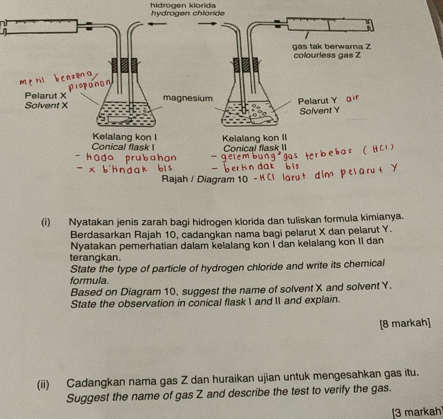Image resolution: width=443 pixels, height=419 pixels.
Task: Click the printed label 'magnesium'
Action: pyautogui.click(x=187, y=98)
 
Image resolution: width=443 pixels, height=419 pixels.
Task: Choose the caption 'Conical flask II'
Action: pyautogui.click(x=257, y=147)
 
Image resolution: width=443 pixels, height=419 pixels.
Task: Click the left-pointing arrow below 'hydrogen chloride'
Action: pyautogui.click(x=158, y=24)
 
